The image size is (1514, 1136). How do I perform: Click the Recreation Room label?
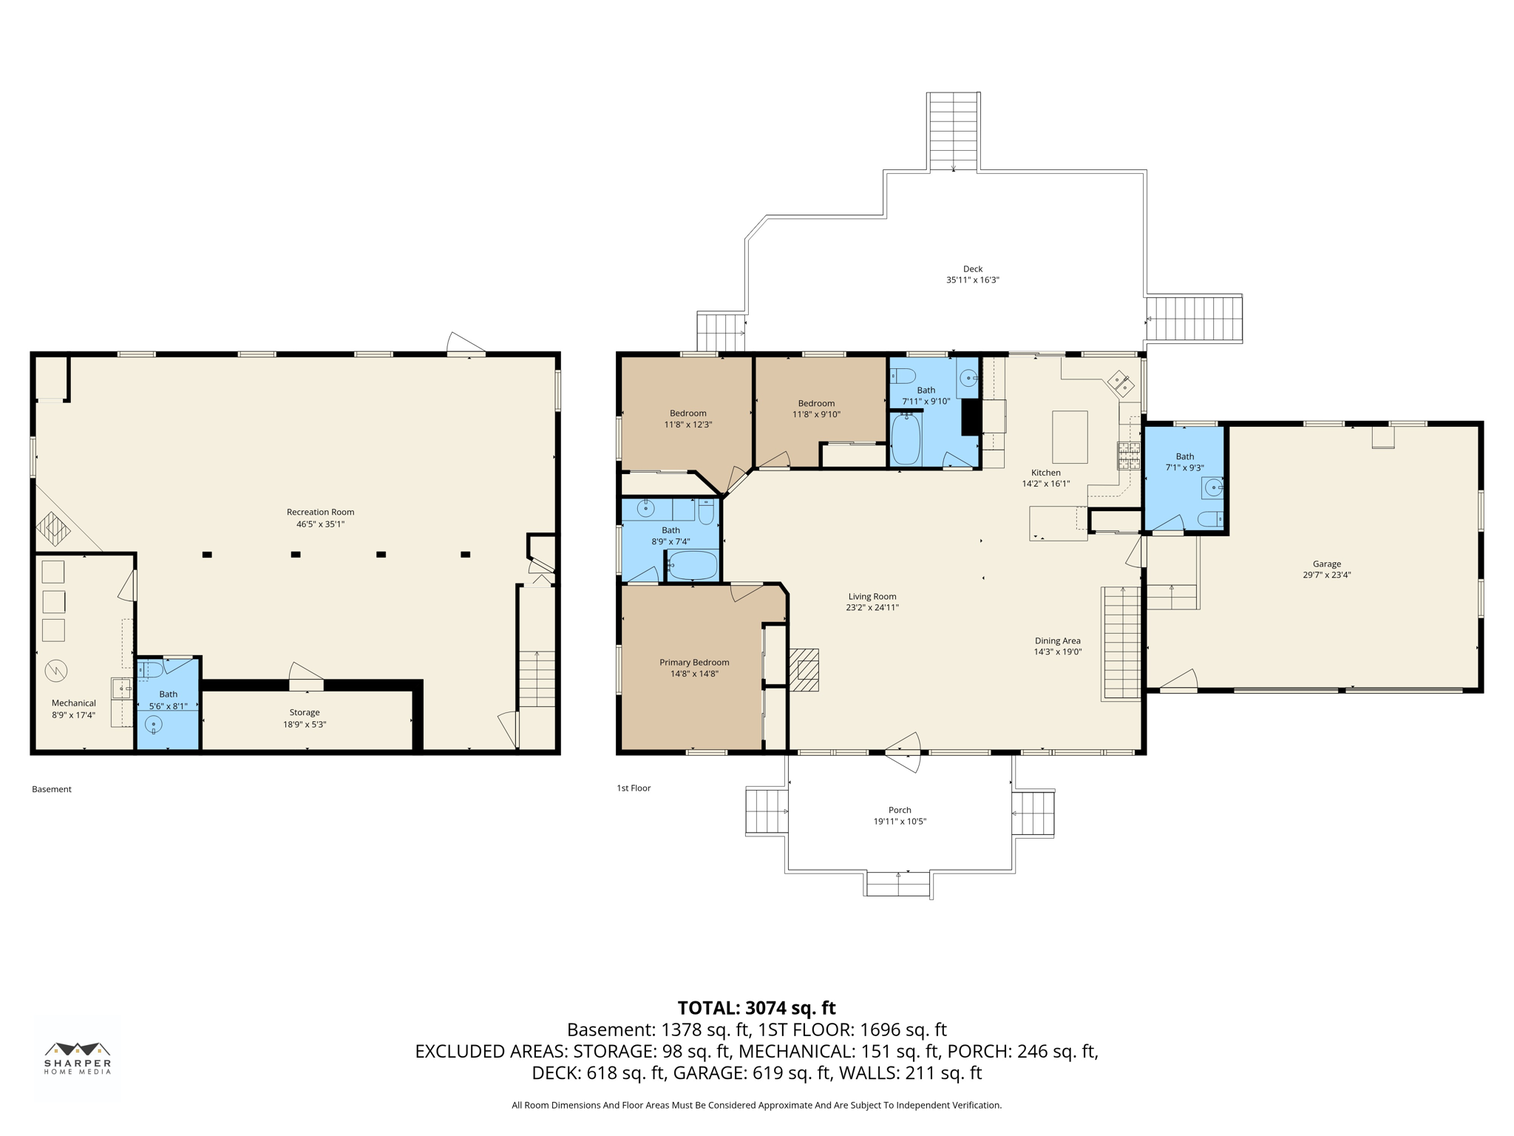(320, 512)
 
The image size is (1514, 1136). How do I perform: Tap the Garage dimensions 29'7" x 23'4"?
(1326, 575)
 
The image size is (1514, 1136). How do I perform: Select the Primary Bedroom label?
(694, 662)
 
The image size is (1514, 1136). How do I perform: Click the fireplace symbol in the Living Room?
(804, 669)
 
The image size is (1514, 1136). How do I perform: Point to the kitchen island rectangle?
(1070, 437)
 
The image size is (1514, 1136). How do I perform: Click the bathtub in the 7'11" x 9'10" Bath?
(906, 439)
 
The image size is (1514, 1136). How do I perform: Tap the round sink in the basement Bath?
(154, 725)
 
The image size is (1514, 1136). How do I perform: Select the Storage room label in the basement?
(305, 712)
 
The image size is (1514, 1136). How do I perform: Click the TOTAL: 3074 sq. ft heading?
(756, 1008)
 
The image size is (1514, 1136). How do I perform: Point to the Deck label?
(973, 269)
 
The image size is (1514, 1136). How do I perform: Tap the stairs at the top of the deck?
(954, 131)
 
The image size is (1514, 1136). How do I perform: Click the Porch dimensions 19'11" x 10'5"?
(900, 822)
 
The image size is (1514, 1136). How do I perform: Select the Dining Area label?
(1057, 640)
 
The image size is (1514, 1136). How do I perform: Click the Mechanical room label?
(74, 703)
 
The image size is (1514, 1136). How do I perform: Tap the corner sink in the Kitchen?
(1121, 383)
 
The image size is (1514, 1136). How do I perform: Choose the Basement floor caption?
(52, 789)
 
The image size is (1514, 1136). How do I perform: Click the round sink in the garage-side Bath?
(1212, 487)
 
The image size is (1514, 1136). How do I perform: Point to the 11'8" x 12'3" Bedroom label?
(688, 413)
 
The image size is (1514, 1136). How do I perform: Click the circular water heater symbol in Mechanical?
(56, 671)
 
